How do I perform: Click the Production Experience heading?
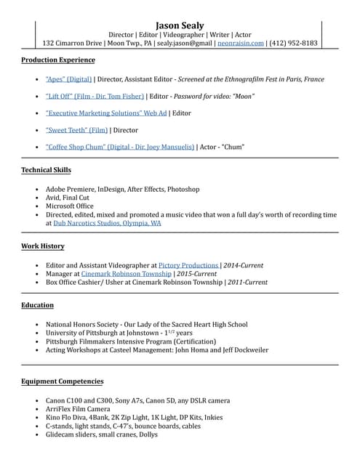click(58, 60)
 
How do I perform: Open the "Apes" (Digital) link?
click(68, 79)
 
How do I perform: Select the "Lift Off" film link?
click(95, 96)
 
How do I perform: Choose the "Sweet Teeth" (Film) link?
click(76, 130)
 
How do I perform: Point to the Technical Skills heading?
click(47, 170)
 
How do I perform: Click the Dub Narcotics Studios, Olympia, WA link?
click(108, 224)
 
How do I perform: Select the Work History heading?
click(43, 246)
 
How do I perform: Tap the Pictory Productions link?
click(188, 266)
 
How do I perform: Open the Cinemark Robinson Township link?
click(126, 274)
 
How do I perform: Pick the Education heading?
click(38, 305)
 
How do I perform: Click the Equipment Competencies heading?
click(63, 381)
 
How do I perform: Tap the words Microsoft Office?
click(70, 206)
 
